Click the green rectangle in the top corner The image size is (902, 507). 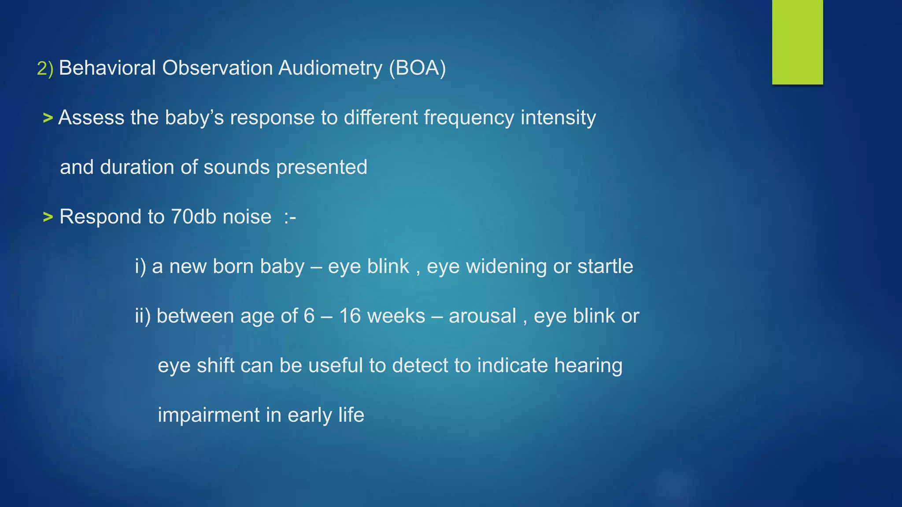[x=797, y=42]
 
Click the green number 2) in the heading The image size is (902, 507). [x=45, y=69]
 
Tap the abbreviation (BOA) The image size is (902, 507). [x=417, y=68]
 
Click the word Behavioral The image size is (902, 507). [x=107, y=68]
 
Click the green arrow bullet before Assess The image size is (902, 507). [x=48, y=118]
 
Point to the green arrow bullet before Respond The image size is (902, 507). [x=48, y=217]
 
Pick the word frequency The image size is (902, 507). [x=469, y=118]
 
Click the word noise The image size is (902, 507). [x=247, y=217]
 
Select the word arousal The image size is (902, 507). [x=482, y=316]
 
